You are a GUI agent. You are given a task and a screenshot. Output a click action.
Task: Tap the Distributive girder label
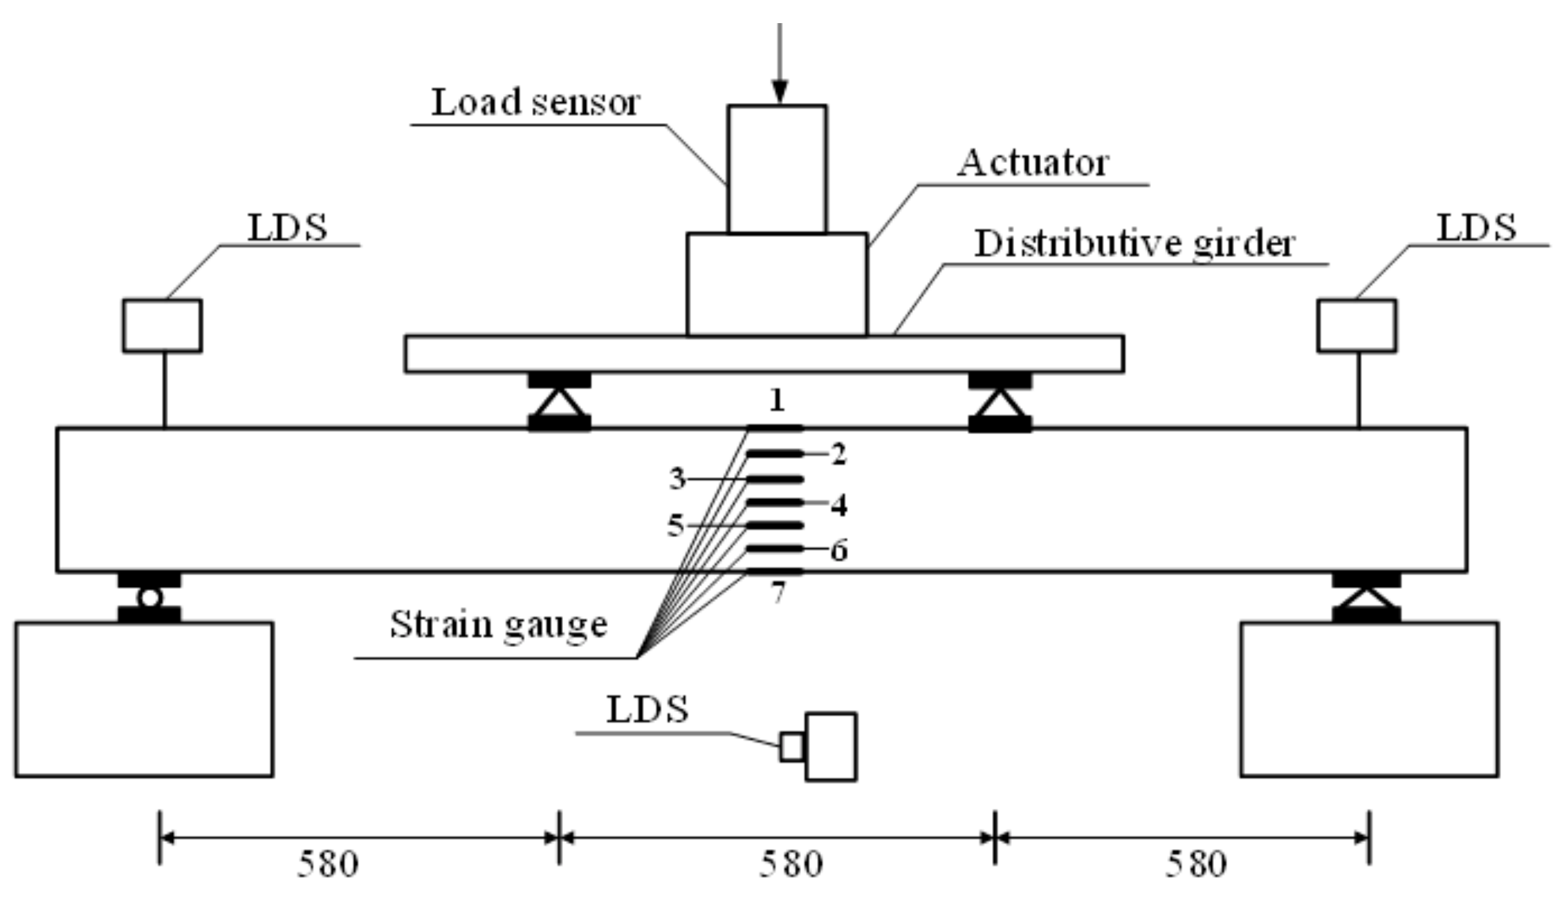tap(1134, 244)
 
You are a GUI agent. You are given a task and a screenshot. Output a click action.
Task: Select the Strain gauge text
tap(498, 624)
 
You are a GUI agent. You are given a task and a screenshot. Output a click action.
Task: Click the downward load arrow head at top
tap(779, 91)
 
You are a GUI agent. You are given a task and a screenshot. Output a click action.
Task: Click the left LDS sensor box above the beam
tap(162, 325)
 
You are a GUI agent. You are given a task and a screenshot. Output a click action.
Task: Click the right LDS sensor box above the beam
tap(1356, 325)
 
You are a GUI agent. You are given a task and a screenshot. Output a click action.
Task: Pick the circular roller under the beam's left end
tap(149, 598)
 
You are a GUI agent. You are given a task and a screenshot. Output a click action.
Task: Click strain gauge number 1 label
tap(777, 400)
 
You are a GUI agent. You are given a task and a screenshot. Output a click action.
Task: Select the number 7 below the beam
tap(777, 593)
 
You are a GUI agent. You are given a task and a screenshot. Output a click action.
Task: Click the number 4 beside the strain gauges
tap(838, 505)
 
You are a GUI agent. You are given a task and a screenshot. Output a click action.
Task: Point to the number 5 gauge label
tap(675, 526)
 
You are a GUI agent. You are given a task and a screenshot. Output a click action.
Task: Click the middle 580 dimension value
tap(790, 866)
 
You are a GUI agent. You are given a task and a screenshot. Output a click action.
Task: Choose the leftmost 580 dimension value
tap(327, 866)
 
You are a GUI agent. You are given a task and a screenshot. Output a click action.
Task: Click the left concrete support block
tap(144, 700)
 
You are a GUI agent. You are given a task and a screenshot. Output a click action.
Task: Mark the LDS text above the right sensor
tap(1476, 228)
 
